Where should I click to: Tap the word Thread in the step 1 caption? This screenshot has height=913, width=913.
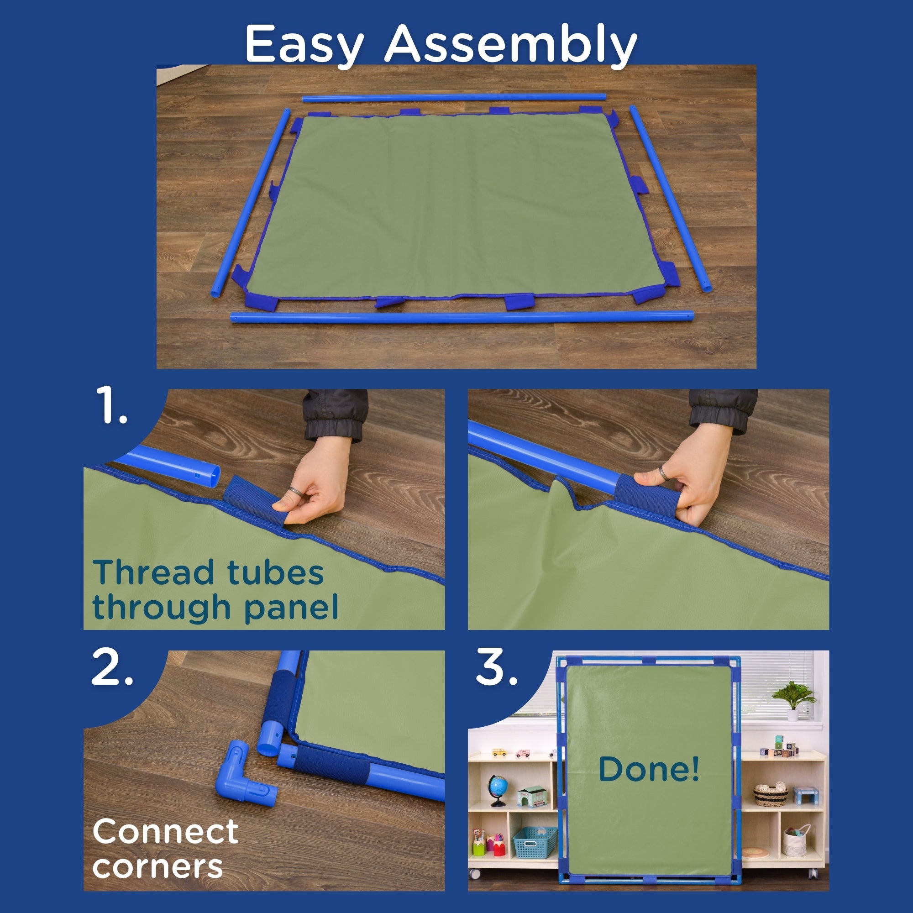[x=153, y=572]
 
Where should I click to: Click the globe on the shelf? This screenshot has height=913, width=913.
[x=498, y=789]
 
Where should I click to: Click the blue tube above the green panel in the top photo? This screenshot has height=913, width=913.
[x=454, y=98]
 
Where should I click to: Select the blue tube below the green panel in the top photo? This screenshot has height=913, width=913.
[x=462, y=316]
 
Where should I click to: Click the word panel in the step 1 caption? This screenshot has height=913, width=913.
[x=291, y=608]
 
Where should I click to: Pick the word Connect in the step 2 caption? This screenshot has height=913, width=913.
[x=165, y=832]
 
